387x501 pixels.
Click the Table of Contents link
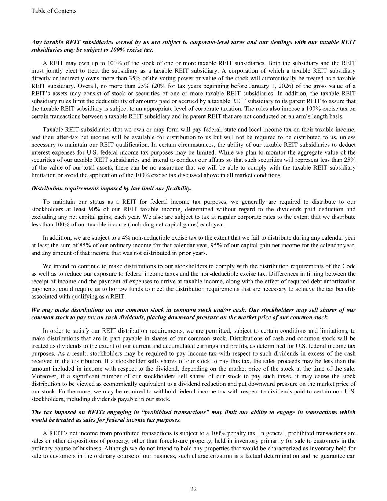click(54, 11)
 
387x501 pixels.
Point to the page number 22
click(193, 489)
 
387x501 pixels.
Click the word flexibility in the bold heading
click(178, 188)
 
